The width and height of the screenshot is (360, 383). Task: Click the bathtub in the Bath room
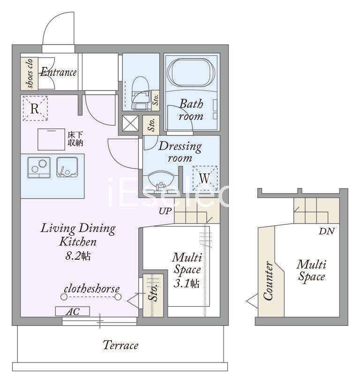(191, 72)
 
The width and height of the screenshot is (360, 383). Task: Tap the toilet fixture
(141, 93)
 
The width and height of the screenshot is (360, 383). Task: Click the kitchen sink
(67, 167)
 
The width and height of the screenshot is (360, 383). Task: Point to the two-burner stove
(39, 167)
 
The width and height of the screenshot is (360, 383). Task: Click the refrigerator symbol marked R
(35, 108)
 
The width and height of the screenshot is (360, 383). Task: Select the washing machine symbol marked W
(205, 178)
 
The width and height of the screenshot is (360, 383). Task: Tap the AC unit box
(73, 311)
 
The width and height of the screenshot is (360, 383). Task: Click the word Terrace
(120, 345)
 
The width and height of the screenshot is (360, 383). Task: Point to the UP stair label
(165, 211)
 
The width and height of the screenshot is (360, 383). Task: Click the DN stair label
(326, 231)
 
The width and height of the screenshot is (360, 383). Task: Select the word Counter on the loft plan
(268, 281)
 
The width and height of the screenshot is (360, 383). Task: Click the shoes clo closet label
(30, 73)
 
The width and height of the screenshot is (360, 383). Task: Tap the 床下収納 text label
(75, 139)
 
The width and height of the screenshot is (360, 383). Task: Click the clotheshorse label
(92, 289)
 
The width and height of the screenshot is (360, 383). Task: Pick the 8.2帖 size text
(78, 256)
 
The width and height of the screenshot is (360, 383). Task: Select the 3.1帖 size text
(187, 283)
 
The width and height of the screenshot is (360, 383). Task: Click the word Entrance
(59, 72)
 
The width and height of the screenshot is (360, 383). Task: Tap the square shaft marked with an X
(130, 123)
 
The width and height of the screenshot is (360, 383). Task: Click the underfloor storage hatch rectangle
(51, 139)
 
